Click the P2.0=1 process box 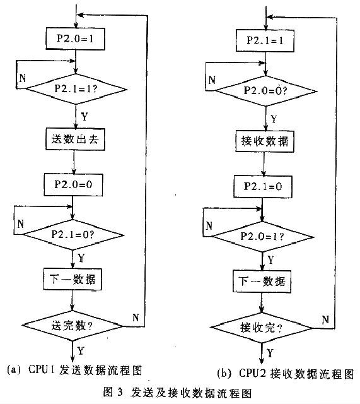76,39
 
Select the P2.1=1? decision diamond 76,89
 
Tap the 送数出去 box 75,139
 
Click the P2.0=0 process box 73,185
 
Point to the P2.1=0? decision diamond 73,234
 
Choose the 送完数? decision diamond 73,326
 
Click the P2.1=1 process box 265,40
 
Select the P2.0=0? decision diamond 265,91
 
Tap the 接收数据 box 265,141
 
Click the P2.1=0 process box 263,187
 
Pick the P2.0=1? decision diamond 262,237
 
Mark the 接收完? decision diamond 262,328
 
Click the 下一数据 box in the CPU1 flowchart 73,279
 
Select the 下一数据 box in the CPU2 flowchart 262,281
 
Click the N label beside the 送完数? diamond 136,318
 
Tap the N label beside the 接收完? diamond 325,319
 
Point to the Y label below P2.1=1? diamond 84,117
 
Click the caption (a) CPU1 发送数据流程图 74,371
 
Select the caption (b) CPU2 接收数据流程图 286,373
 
